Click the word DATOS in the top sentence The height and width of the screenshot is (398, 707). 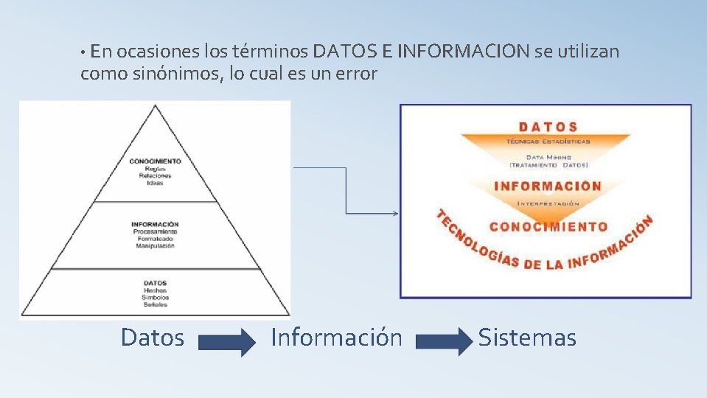tap(345, 52)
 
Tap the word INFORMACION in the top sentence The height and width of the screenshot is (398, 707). tap(463, 52)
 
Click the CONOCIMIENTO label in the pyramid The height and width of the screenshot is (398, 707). tap(155, 161)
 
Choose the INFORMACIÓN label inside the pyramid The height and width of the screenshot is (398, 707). tap(155, 224)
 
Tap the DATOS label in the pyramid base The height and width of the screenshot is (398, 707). tap(155, 283)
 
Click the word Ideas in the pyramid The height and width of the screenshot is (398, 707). tap(155, 183)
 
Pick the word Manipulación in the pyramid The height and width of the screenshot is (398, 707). tap(155, 246)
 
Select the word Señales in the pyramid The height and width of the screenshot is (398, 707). tap(155, 304)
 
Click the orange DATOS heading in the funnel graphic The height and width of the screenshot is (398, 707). tap(547, 127)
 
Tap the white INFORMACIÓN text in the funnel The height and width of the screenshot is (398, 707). tap(547, 186)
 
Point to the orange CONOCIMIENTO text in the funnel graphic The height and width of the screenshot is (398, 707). tap(548, 227)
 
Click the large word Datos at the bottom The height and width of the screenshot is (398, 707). tap(153, 338)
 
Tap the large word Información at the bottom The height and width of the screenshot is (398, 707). tap(336, 338)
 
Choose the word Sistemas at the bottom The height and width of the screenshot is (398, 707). tap(527, 338)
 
